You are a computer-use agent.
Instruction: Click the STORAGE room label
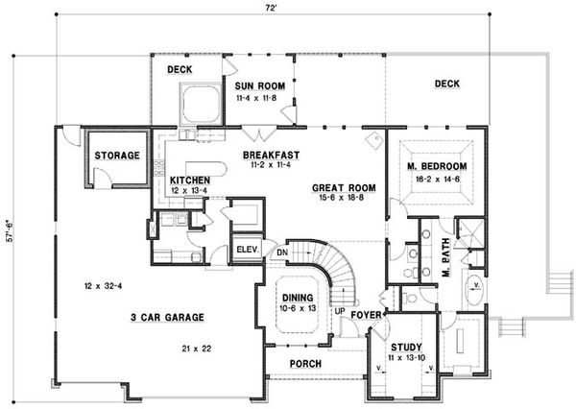click(116, 155)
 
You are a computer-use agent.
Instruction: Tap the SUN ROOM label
click(257, 86)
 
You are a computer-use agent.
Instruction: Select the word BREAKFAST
click(272, 155)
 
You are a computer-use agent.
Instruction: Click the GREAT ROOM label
click(343, 186)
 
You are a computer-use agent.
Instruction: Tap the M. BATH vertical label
click(445, 259)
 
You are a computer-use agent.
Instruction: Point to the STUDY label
click(404, 347)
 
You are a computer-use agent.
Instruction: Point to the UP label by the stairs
click(339, 311)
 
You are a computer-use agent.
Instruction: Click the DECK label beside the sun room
click(180, 70)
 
